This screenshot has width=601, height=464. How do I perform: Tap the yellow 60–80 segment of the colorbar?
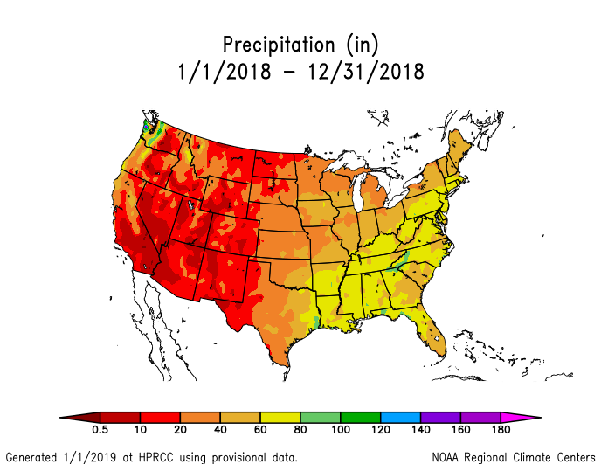coord(280,418)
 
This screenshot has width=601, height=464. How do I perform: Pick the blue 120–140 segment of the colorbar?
coord(400,418)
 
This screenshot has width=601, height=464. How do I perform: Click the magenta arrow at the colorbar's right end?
coord(520,418)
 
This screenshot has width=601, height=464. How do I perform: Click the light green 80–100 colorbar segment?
coord(321,418)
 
